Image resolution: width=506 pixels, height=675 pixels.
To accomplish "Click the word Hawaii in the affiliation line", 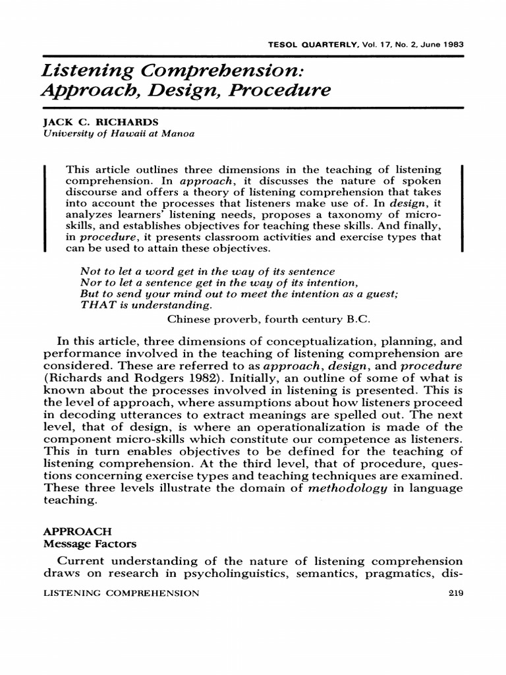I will click(x=121, y=133).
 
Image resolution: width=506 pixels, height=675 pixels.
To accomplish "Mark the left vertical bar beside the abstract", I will click(x=44, y=208).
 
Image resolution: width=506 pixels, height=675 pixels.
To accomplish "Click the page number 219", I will click(x=455, y=593).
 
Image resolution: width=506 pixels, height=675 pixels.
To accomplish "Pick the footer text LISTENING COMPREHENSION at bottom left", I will click(x=121, y=593).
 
